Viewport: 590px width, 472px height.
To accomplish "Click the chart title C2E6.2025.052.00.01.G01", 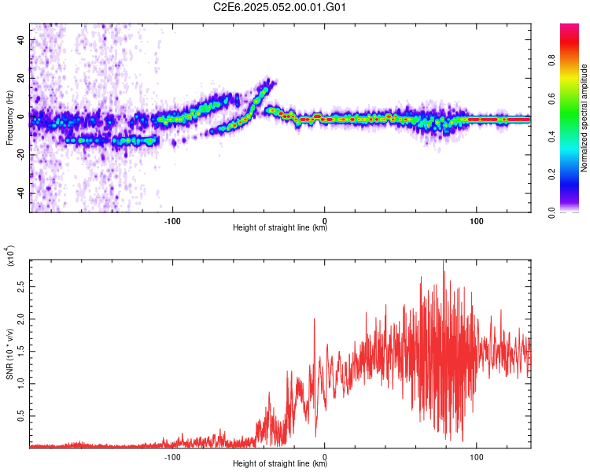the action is [279, 7].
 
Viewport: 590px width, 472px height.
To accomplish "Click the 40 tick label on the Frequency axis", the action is [20, 40].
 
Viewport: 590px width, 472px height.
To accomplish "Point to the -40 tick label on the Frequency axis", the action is [20, 194].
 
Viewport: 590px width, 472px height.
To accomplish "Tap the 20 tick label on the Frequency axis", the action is [20, 79].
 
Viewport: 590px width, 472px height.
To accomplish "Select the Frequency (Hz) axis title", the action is [9, 118].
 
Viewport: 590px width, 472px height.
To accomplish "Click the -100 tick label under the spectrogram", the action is [172, 221].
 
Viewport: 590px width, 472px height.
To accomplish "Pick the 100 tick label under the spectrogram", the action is [477, 221].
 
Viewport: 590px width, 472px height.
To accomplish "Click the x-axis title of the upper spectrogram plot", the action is [280, 227].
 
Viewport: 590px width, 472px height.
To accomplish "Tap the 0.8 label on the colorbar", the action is [552, 60].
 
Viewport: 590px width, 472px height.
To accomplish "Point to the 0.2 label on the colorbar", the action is [552, 175].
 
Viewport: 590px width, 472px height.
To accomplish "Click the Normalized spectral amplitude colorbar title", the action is [584, 118].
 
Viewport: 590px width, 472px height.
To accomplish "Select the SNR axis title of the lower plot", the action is [9, 354].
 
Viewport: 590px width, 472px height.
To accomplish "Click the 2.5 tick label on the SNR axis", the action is [20, 286].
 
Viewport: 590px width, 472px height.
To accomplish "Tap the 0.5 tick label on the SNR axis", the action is [20, 416].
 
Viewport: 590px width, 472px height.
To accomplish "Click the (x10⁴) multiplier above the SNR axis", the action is [10, 256].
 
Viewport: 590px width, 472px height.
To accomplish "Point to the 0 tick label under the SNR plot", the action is [325, 457].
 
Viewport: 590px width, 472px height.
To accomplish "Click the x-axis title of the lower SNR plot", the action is [280, 463].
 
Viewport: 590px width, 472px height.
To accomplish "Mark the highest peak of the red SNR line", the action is [443, 261].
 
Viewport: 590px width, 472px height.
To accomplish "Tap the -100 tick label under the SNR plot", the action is [172, 457].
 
